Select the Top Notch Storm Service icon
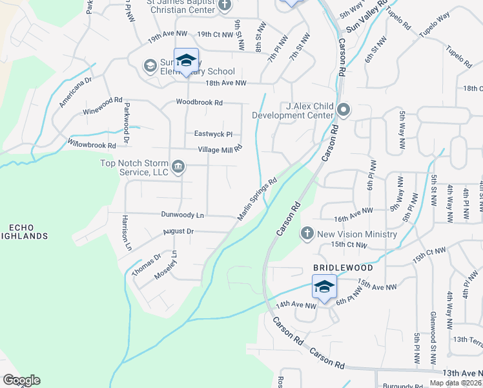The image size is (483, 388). coord(179,168)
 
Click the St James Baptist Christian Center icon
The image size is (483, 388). coord(225,6)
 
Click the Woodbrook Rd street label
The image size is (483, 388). coord(200,102)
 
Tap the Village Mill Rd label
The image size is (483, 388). coord(220,149)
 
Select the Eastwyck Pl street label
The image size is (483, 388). coord(213,134)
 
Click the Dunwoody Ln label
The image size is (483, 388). coord(182,215)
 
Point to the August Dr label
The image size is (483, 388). coord(178,231)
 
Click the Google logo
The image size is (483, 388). coord(21,380)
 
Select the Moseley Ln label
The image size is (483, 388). coord(165,265)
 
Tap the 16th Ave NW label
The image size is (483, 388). coord(353,211)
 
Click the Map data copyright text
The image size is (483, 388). coord(455,383)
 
